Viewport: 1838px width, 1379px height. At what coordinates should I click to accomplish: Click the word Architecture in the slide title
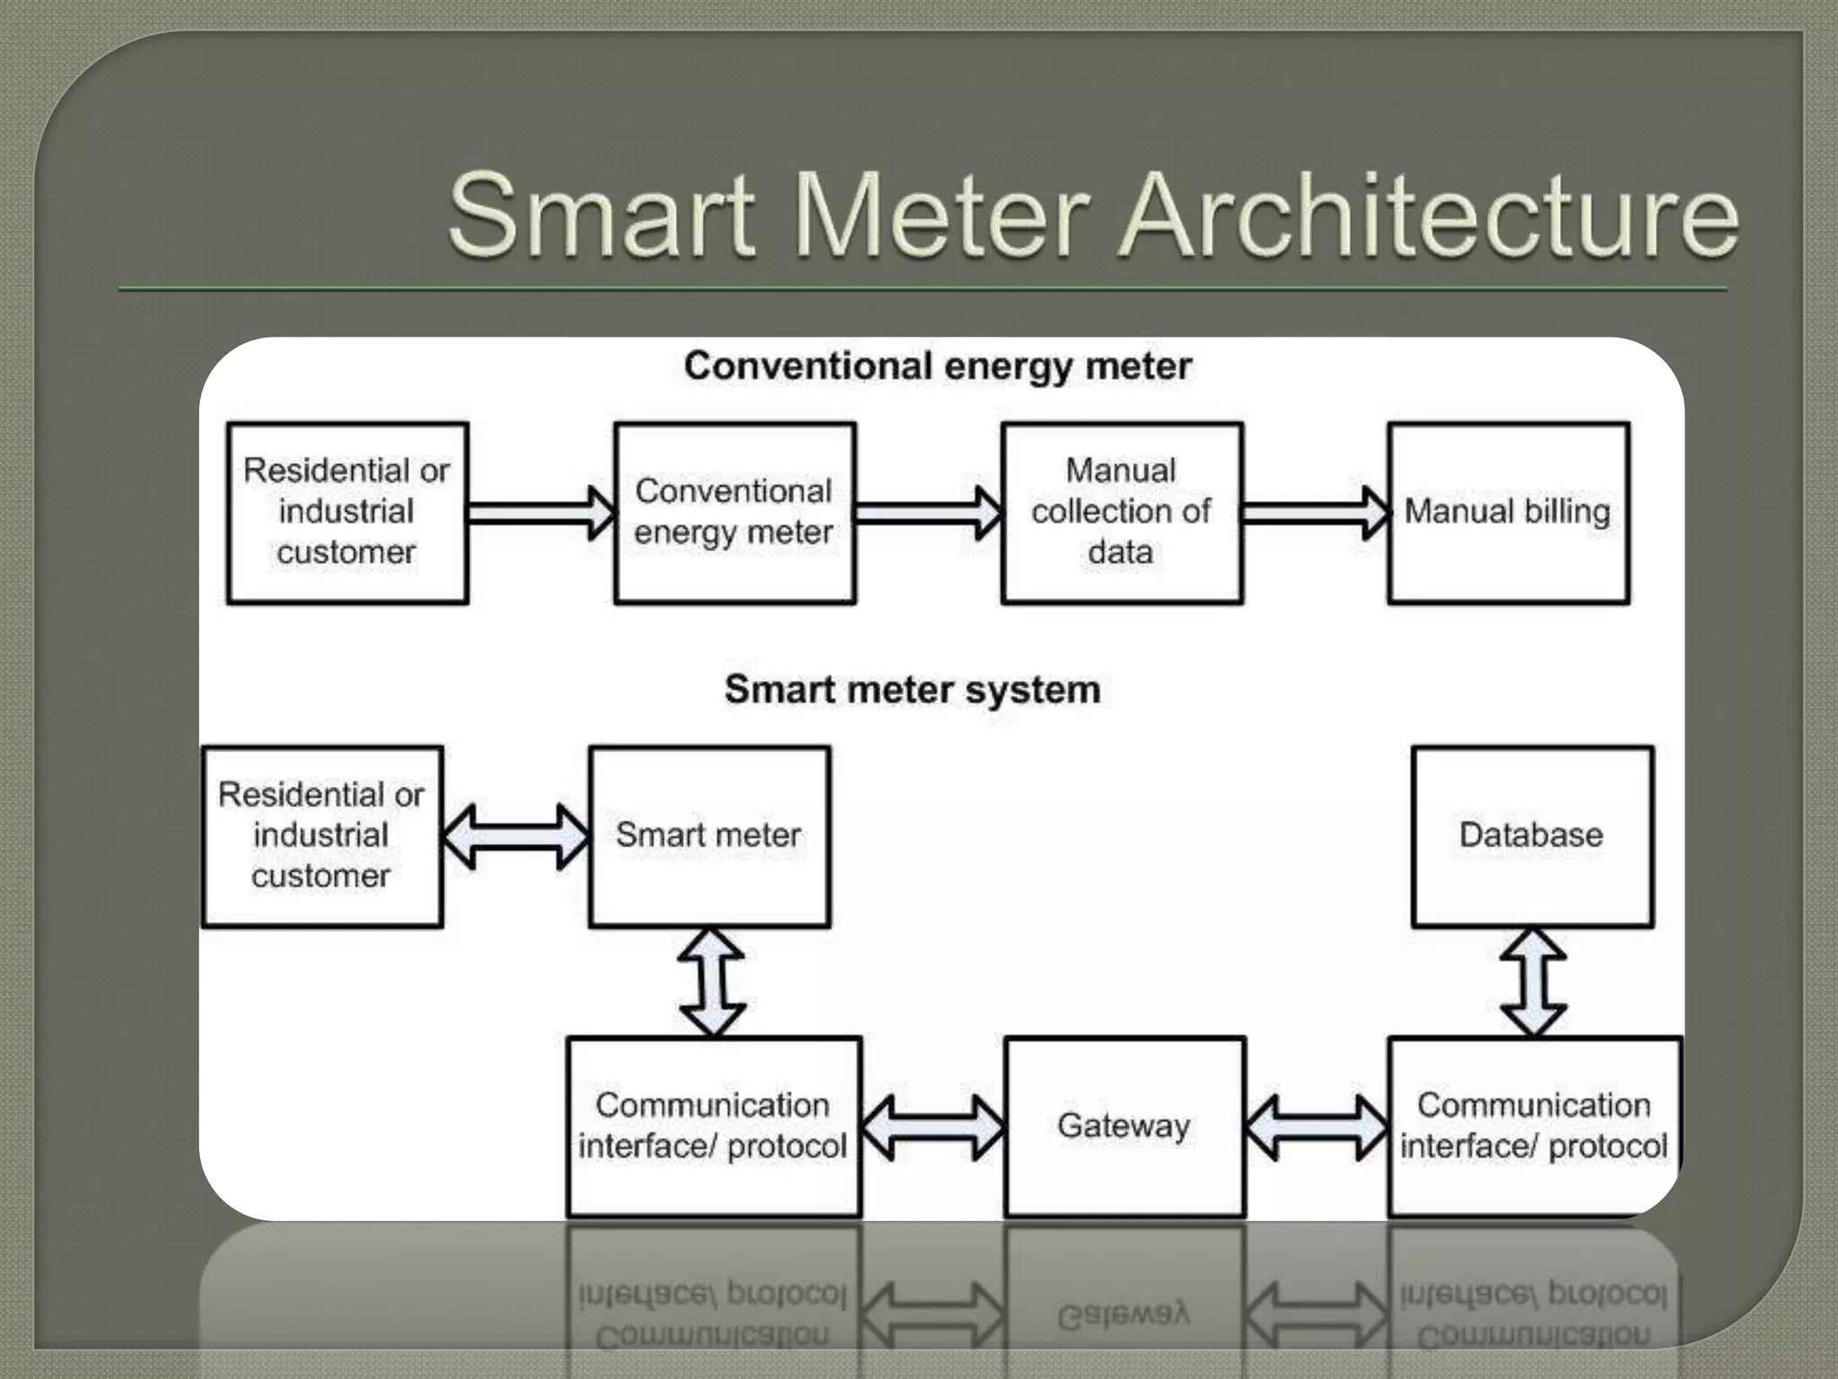point(1431,215)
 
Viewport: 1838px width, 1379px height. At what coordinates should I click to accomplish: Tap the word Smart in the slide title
point(601,215)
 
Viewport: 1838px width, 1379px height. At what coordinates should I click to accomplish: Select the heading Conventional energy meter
point(937,366)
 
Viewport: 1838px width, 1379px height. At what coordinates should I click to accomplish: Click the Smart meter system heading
point(912,689)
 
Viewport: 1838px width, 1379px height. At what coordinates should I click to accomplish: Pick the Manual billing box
point(1508,513)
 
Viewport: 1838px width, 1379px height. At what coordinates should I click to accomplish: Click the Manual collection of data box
point(1122,513)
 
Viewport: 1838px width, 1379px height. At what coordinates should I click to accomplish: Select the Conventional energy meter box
point(734,513)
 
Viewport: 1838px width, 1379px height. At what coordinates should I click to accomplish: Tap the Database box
point(1531,836)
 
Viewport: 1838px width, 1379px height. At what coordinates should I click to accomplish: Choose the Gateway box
point(1125,1126)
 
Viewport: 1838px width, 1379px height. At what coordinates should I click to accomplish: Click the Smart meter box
point(709,836)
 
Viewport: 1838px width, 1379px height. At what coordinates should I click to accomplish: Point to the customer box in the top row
point(347,513)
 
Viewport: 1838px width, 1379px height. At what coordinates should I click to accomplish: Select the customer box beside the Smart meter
point(322,836)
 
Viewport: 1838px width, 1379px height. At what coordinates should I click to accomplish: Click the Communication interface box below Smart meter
point(713,1126)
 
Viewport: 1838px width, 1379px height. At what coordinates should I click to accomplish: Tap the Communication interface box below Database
point(1534,1126)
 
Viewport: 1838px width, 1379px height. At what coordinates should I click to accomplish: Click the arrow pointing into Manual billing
point(1316,513)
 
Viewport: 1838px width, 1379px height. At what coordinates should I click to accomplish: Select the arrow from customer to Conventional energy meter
point(541,513)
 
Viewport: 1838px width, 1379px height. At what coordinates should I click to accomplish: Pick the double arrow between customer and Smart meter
point(516,837)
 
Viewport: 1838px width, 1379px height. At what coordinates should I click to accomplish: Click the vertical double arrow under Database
point(1533,982)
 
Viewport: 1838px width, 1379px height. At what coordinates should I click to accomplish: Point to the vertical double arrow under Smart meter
point(712,982)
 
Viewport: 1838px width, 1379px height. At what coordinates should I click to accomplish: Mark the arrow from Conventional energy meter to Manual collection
point(929,513)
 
